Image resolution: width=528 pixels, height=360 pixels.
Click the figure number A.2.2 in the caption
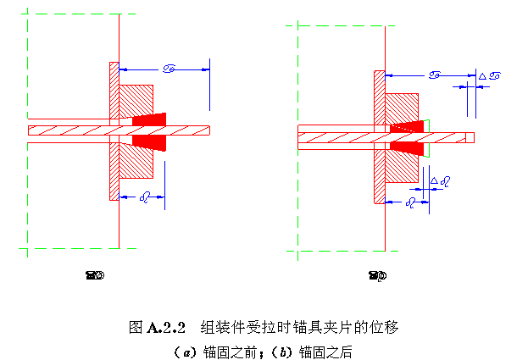166,326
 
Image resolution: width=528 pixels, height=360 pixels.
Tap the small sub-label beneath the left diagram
94,274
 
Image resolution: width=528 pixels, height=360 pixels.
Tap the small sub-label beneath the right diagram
377,274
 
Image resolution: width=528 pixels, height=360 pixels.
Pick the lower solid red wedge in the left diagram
149,141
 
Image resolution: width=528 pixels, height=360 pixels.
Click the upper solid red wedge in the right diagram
409,126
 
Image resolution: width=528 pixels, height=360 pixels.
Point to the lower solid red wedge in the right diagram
409,148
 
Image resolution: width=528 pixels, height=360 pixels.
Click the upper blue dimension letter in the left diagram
167,69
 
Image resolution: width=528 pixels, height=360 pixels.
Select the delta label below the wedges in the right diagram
439,180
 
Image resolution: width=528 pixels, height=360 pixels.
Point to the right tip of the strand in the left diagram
208,130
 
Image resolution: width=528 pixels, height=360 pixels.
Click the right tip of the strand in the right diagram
473,137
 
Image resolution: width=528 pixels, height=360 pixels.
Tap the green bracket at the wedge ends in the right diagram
429,137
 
